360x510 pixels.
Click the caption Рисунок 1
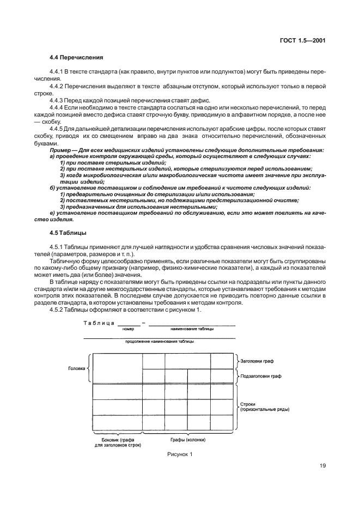pos(179,454)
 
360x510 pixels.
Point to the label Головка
pos(76,368)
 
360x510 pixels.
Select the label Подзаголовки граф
pos(261,376)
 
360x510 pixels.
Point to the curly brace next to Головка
pos(89,368)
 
